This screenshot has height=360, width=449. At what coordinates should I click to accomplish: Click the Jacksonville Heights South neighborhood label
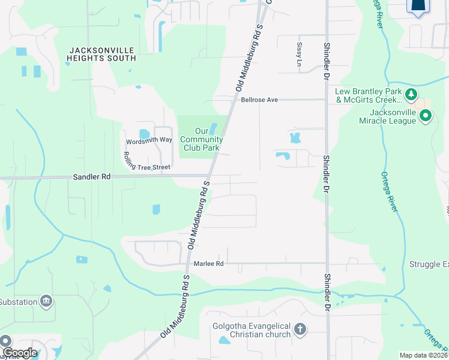[x=102, y=55]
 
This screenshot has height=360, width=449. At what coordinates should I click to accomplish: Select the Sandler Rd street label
[x=92, y=177]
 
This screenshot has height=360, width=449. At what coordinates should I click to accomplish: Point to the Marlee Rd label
[x=208, y=264]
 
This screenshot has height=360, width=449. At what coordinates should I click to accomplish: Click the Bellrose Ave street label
[x=259, y=100]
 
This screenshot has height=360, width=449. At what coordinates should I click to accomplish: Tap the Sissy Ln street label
[x=299, y=53]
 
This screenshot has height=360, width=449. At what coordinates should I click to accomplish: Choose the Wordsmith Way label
[x=149, y=140]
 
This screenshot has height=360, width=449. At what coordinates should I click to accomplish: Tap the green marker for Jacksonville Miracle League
[x=426, y=116]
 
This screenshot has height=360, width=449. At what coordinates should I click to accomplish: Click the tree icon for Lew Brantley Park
[x=411, y=94]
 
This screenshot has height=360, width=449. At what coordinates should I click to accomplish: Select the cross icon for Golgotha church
[x=300, y=330]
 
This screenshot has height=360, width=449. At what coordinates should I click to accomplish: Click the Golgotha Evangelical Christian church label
[x=251, y=330]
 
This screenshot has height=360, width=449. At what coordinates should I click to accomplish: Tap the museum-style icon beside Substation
[x=46, y=301]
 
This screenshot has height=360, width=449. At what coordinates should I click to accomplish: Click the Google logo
[x=19, y=353]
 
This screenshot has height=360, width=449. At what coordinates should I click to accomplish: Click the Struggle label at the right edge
[x=429, y=264]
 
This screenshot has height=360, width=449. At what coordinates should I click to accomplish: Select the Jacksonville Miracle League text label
[x=384, y=116]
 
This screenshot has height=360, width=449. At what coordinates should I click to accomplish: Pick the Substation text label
[x=17, y=301]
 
